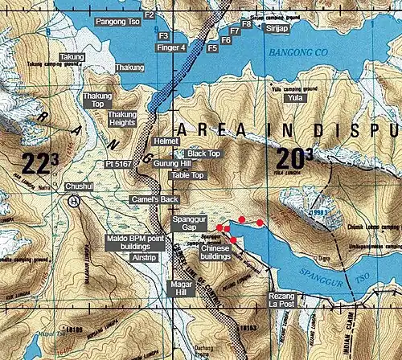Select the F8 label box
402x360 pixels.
(247, 25)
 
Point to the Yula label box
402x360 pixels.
(296, 97)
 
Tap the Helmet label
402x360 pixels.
(165, 141)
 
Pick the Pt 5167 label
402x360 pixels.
(118, 163)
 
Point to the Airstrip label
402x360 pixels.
(143, 259)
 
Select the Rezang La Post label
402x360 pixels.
(282, 301)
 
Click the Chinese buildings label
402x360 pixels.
(215, 254)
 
